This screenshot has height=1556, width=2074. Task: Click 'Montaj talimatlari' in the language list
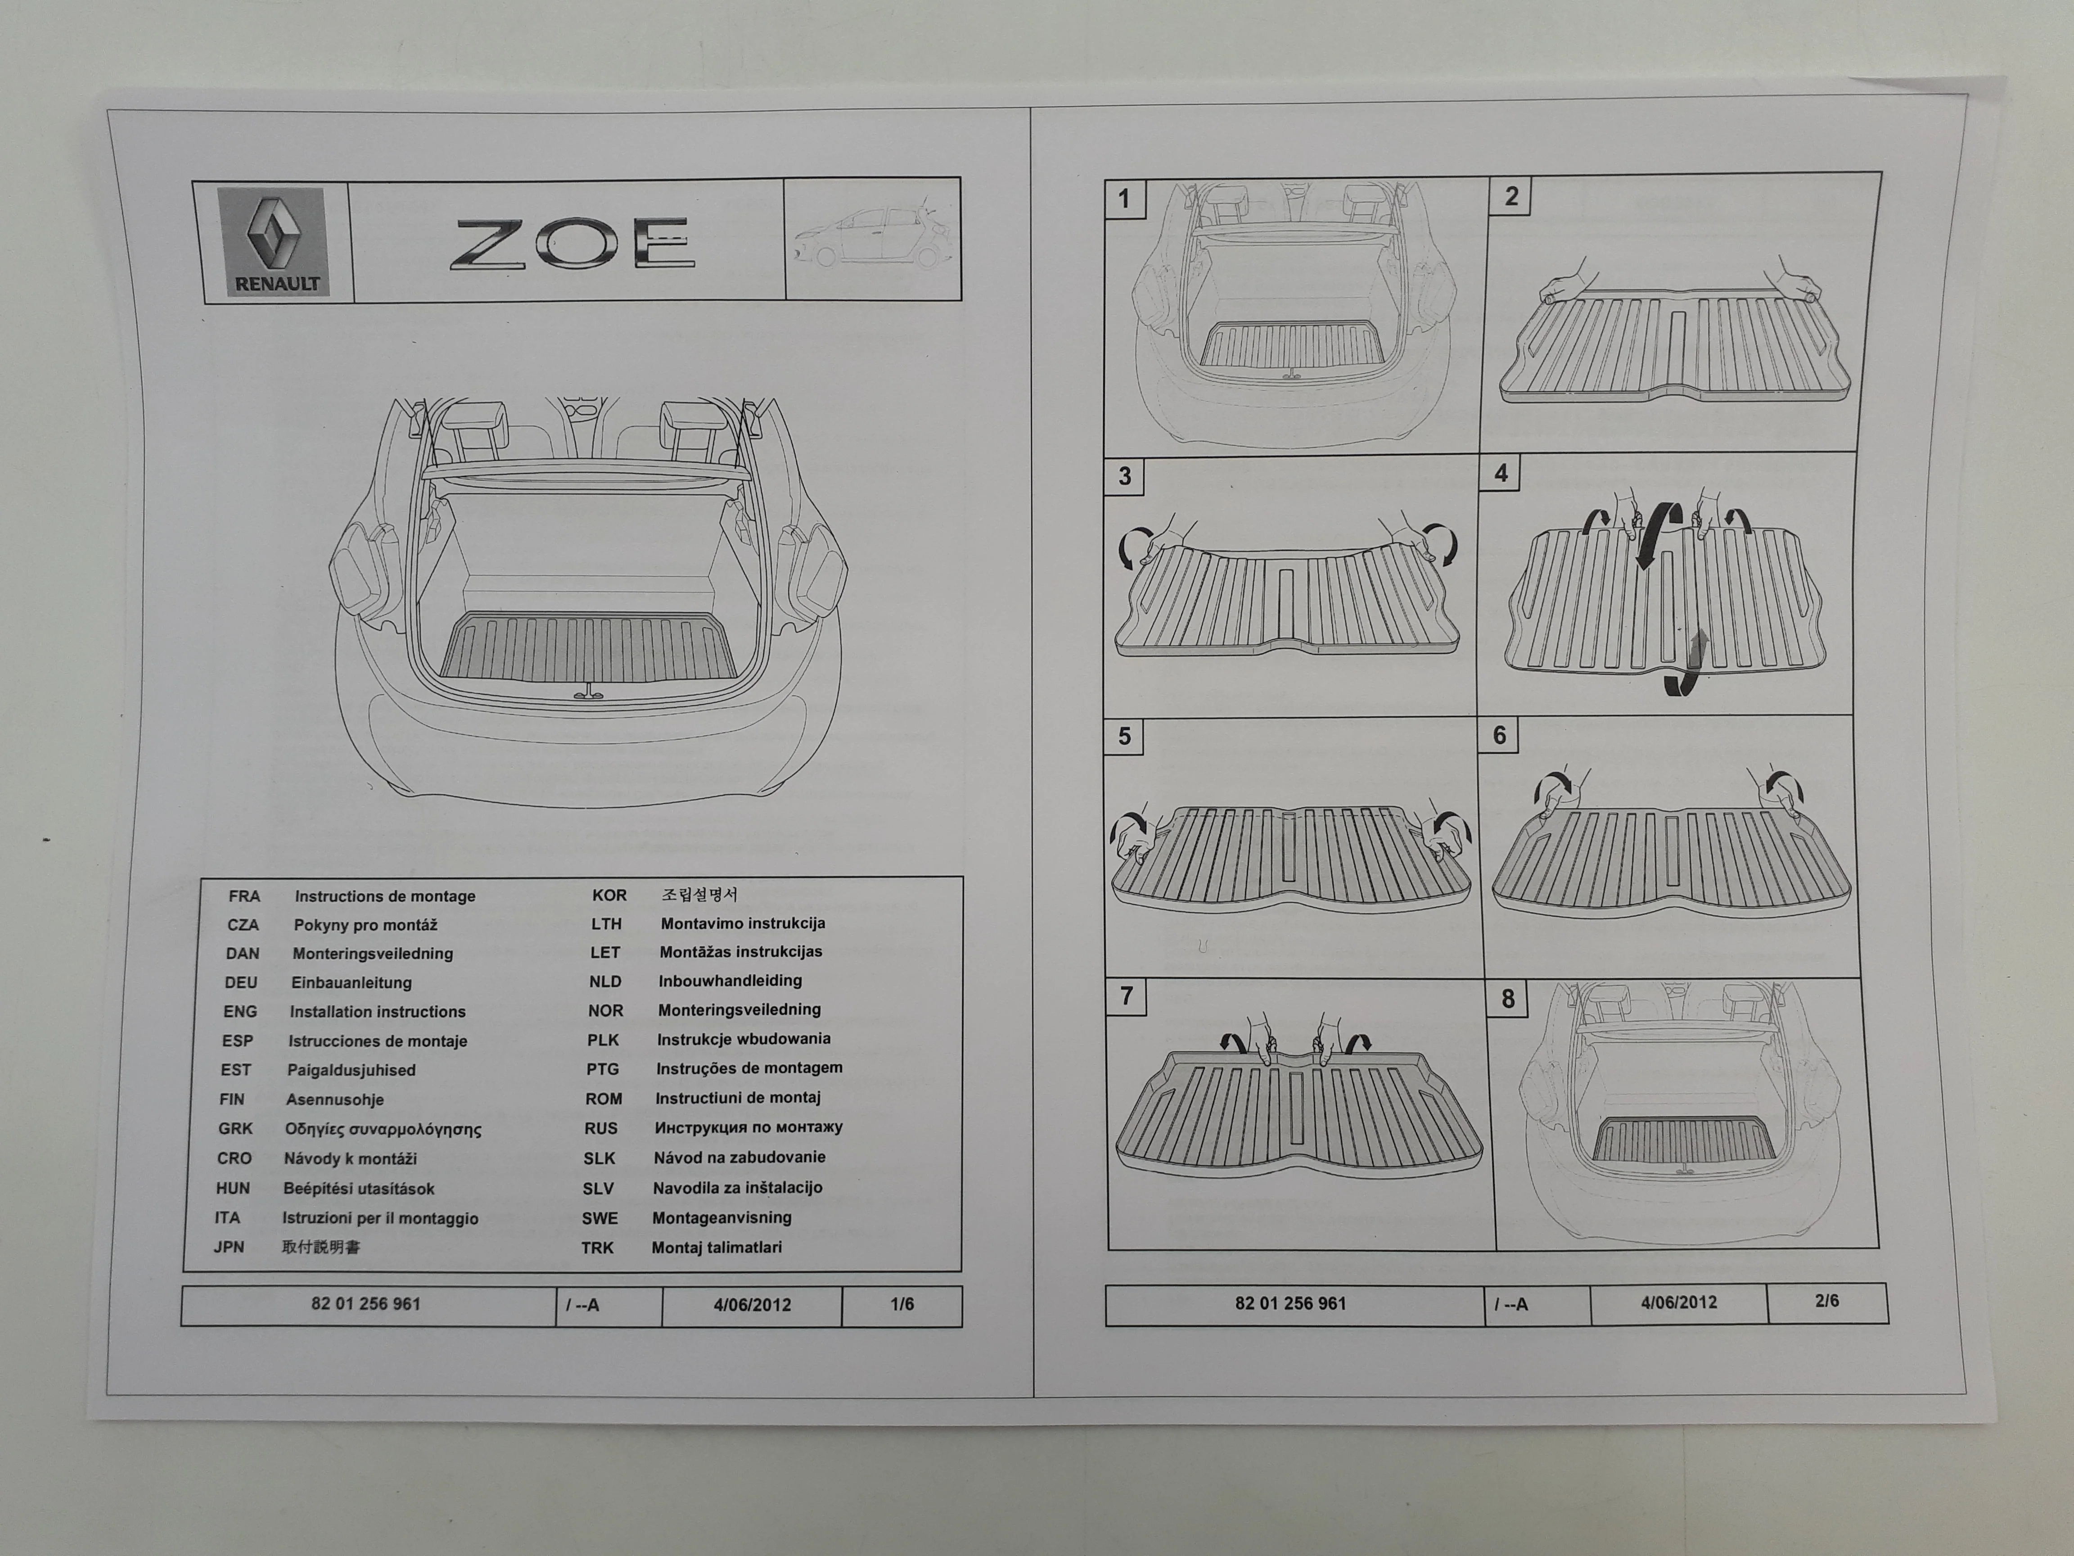717,1248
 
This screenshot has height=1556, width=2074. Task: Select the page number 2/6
1826,1301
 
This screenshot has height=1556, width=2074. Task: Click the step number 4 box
1501,474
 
